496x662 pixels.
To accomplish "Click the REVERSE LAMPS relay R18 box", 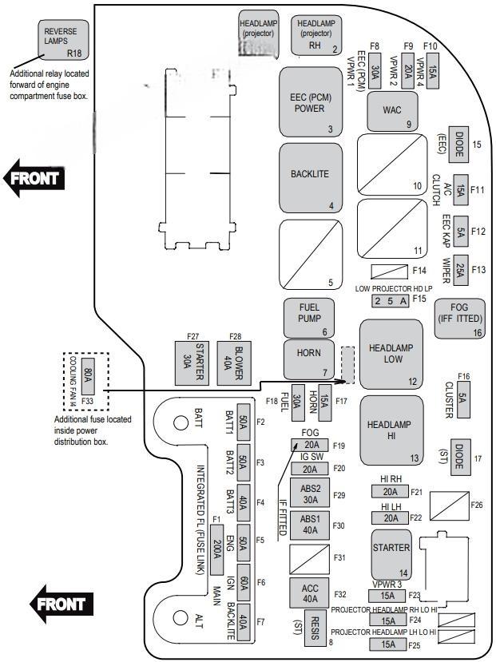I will click(x=64, y=40).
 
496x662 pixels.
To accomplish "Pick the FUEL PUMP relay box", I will click(x=308, y=318).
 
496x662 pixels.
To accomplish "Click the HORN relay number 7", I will click(x=308, y=359).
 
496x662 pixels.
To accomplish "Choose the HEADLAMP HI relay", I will click(x=391, y=430).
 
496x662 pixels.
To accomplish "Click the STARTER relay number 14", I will click(x=391, y=553).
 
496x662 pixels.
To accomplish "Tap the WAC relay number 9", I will click(x=391, y=111).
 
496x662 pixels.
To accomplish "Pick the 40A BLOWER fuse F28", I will click(x=228, y=365).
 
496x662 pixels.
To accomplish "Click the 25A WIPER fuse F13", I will click(x=461, y=269).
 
